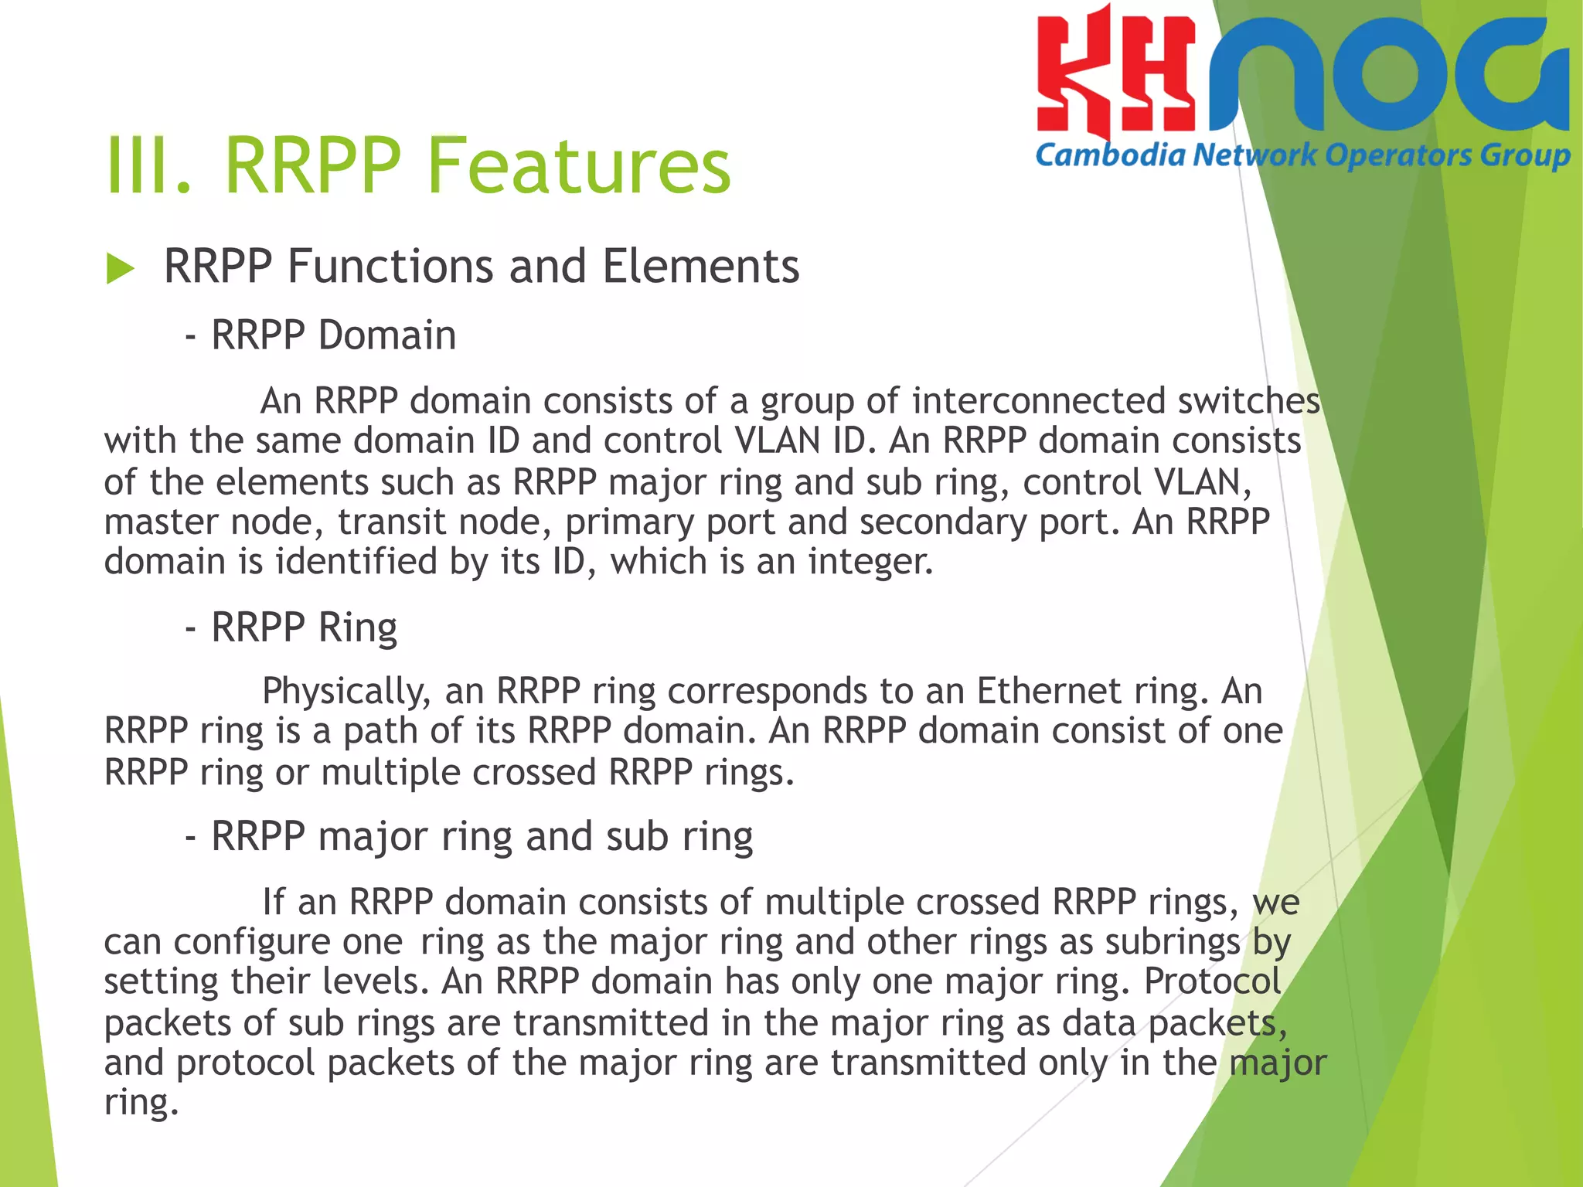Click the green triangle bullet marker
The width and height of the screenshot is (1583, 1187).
pos(121,269)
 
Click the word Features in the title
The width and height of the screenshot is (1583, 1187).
pos(578,165)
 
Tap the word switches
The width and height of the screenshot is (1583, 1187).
pos(1248,401)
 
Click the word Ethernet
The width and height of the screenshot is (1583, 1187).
pos(1049,691)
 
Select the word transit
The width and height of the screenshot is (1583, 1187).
pos(391,522)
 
